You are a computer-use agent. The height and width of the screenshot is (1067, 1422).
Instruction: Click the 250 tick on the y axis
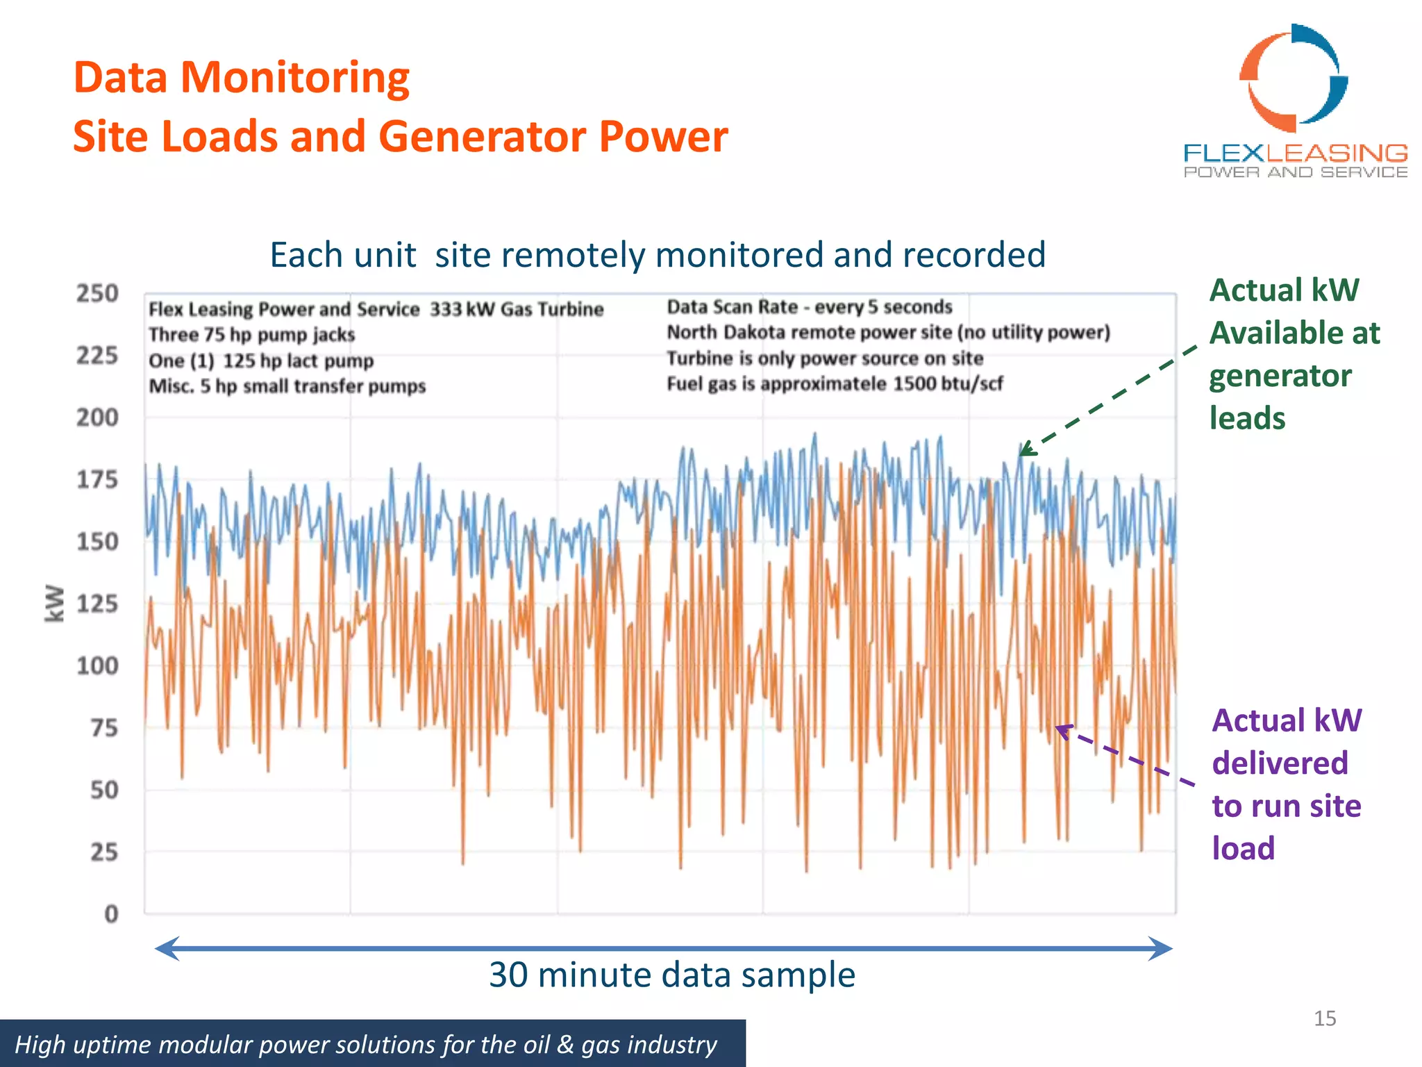coord(97,294)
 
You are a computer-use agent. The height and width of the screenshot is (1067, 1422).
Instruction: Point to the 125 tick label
coord(97,604)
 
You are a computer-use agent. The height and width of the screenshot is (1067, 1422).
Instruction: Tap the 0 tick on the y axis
coord(111,914)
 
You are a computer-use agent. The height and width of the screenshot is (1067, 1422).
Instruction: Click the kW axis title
coord(54,603)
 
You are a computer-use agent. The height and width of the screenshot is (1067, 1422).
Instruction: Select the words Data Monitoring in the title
coord(241,77)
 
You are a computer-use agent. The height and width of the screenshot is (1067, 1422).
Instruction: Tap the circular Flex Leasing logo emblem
coord(1294,78)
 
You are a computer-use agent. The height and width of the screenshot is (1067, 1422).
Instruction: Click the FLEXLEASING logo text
coord(1295,153)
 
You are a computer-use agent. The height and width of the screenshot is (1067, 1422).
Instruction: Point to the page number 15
coord(1324,1018)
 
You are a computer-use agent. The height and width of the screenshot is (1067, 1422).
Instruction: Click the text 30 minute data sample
coord(671,975)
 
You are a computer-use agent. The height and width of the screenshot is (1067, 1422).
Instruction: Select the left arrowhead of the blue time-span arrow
coord(167,948)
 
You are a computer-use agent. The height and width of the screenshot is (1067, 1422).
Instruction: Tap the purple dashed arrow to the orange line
coord(1125,756)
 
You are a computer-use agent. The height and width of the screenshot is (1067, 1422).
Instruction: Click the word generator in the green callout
coord(1280,376)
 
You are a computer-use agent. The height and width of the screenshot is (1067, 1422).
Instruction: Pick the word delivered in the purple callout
coord(1280,763)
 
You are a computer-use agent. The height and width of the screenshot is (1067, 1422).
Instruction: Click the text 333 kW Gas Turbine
coord(516,309)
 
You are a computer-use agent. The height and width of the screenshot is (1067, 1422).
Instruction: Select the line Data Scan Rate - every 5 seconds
coord(809,307)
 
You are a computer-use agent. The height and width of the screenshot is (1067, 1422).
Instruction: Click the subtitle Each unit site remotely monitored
coord(657,255)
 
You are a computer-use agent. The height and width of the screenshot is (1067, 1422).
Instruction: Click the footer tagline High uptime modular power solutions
coord(366,1045)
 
